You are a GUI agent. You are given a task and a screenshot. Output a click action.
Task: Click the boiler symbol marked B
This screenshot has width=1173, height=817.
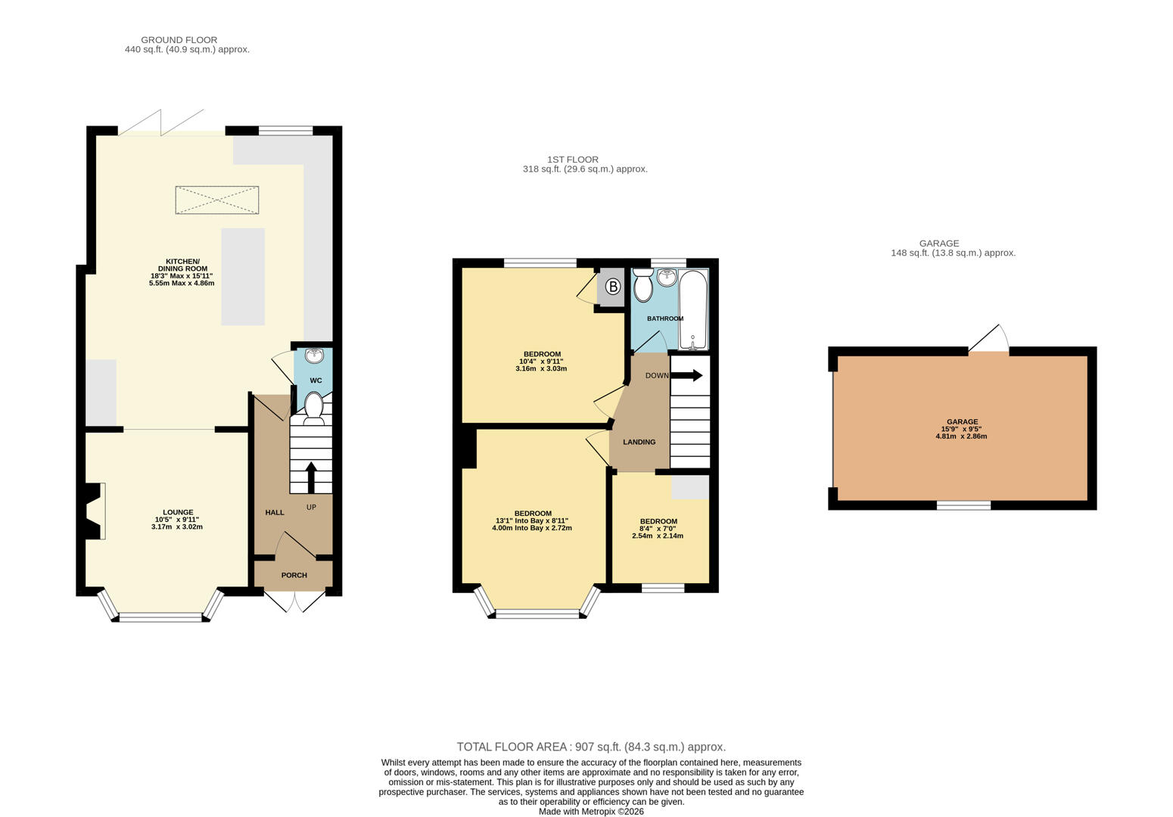tap(613, 286)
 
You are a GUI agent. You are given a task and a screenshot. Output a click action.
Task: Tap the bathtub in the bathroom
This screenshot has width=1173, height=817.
tap(693, 309)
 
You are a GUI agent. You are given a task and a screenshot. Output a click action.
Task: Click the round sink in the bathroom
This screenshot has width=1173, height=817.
tap(667, 278)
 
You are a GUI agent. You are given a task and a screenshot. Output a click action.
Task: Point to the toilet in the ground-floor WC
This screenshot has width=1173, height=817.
tap(313, 408)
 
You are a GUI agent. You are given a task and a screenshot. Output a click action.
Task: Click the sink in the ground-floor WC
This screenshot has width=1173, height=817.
tap(315, 356)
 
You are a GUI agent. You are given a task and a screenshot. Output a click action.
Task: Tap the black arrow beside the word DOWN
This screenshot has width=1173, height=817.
tap(686, 375)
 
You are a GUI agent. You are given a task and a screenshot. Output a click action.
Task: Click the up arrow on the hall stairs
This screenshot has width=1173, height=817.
tap(311, 477)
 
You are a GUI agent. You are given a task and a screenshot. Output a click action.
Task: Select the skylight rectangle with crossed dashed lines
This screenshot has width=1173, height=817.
tap(216, 200)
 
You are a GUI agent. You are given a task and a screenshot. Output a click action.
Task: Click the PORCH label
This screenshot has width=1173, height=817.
tap(294, 575)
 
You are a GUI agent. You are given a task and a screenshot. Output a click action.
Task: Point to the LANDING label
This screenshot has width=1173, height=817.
tap(639, 443)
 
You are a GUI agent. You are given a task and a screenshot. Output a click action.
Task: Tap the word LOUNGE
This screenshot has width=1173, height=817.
tap(178, 512)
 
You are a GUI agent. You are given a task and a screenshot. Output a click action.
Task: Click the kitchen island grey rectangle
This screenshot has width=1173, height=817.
tap(243, 277)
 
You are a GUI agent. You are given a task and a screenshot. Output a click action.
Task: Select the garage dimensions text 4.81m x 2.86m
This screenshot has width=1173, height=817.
tap(961, 436)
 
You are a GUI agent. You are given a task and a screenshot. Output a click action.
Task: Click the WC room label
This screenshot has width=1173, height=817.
tap(316, 381)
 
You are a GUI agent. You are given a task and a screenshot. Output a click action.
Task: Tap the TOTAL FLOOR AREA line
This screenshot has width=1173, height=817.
tap(591, 747)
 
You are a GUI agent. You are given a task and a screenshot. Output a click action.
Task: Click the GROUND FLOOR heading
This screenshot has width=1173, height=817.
tap(179, 40)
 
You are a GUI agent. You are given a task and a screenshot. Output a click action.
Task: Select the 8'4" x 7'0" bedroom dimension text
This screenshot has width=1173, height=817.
tap(658, 529)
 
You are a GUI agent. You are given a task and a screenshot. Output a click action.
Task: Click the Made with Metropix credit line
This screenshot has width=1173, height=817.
tap(591, 812)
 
